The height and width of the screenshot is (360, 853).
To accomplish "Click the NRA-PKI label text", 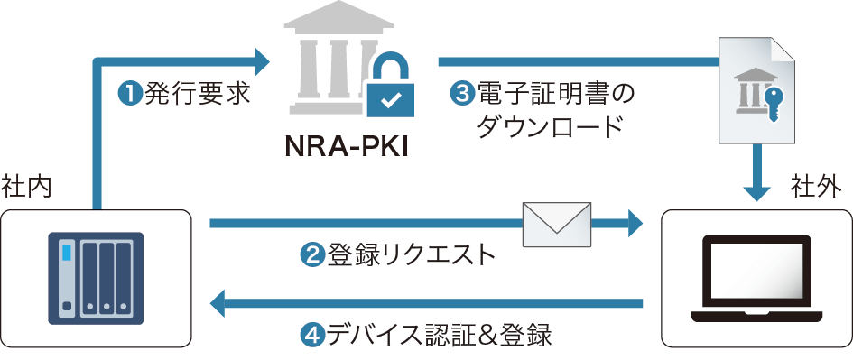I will pyautogui.click(x=348, y=145).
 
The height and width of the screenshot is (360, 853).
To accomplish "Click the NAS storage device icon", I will pyautogui.click(x=95, y=279).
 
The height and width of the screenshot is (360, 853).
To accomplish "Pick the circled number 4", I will pyautogui.click(x=314, y=334).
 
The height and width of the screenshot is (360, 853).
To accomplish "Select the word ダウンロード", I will pyautogui.click(x=550, y=125).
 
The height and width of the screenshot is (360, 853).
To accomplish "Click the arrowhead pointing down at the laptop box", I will pyautogui.click(x=756, y=190).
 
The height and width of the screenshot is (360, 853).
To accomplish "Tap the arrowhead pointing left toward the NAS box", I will pyautogui.click(x=221, y=303).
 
